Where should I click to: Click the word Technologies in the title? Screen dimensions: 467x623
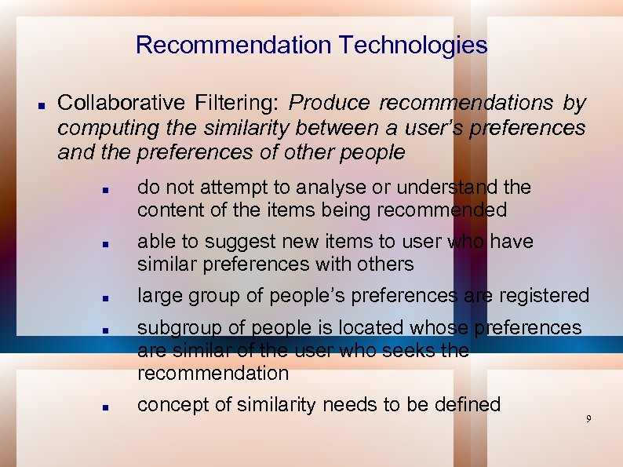pyautogui.click(x=413, y=46)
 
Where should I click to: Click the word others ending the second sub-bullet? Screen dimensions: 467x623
pyautogui.click(x=386, y=265)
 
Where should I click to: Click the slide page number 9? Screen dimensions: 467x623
pyautogui.click(x=588, y=419)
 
